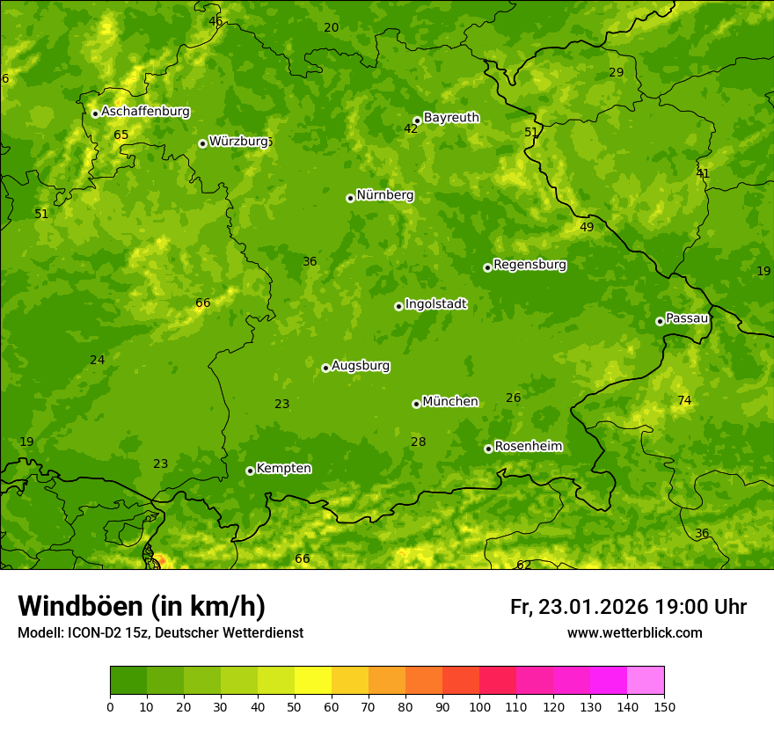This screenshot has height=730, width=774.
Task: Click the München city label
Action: tap(450, 402)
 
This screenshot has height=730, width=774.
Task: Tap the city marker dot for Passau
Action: tap(660, 321)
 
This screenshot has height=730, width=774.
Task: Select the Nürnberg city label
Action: tap(384, 195)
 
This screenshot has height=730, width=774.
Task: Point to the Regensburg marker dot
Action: tap(487, 267)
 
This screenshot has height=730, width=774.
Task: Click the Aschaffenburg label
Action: tap(145, 112)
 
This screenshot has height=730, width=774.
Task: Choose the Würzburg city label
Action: tap(238, 142)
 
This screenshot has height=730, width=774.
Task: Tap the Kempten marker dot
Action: tap(250, 471)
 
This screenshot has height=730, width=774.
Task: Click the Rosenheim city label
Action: tap(528, 447)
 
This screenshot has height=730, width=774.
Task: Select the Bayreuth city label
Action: tap(451, 118)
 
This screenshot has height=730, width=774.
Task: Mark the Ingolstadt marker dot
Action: tap(398, 306)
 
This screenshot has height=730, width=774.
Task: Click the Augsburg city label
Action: tap(361, 366)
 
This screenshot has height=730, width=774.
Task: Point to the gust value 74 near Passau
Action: tap(684, 401)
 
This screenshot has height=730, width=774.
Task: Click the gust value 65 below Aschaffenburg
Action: tap(121, 135)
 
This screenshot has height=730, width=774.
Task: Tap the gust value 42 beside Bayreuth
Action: tap(411, 129)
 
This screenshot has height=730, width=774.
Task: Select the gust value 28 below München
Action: tap(419, 442)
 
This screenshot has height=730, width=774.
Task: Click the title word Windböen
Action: tap(80, 606)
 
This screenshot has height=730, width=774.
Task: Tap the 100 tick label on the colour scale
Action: tap(479, 706)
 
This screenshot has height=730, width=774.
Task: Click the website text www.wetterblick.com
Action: tap(634, 633)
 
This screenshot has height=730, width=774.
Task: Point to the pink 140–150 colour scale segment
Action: tap(646, 680)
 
